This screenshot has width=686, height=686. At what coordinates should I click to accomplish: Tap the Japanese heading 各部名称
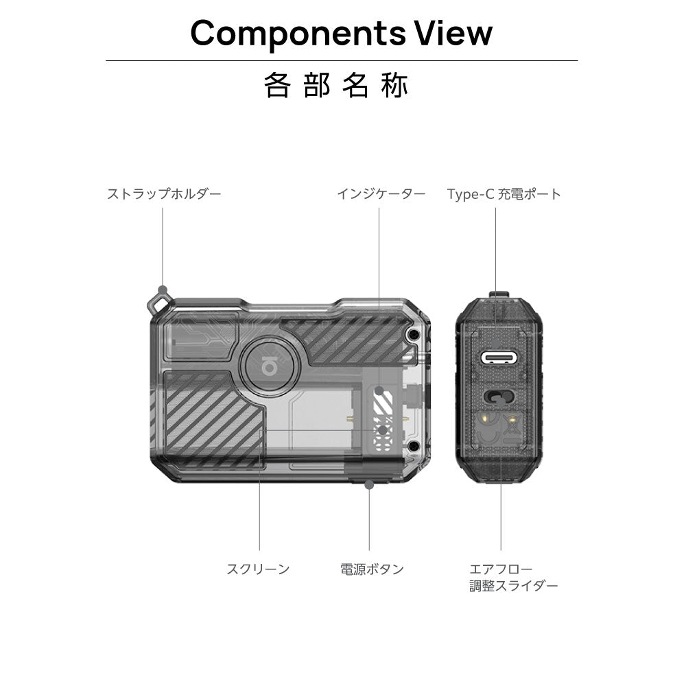coord(336,86)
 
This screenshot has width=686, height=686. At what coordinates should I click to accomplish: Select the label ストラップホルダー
coord(164,194)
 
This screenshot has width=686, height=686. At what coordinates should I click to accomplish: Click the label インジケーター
coord(381,194)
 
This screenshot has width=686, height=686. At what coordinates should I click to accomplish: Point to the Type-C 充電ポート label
coord(504,194)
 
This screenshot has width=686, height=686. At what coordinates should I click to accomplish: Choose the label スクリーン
coord(258,569)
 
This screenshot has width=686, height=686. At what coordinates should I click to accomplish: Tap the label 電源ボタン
coord(372,569)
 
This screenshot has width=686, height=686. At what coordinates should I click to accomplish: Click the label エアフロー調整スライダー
coord(513,578)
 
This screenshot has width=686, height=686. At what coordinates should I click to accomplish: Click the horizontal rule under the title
coord(342,61)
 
